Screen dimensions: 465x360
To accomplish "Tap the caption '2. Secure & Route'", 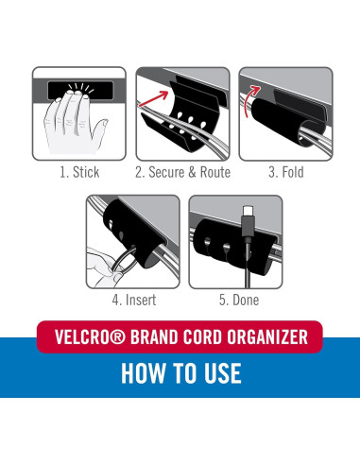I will tap(180, 172).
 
